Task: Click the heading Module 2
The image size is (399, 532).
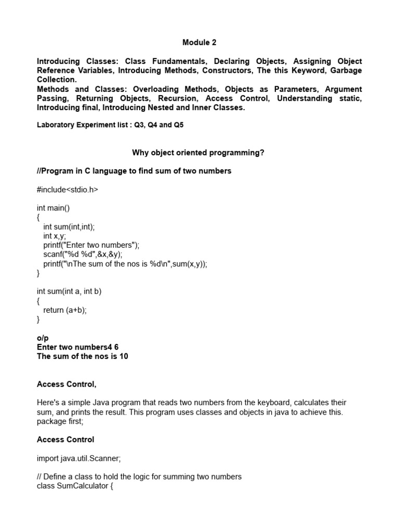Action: click(199, 42)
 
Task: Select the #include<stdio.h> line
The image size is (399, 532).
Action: click(67, 190)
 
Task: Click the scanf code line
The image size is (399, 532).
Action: click(83, 255)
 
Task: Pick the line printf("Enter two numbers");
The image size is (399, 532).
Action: click(91, 245)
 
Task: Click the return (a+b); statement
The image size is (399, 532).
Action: click(65, 310)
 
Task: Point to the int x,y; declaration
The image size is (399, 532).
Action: click(55, 236)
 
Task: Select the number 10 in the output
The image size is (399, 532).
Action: click(123, 356)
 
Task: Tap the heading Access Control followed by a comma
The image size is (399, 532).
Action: click(66, 384)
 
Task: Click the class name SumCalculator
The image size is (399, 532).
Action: click(82, 486)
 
